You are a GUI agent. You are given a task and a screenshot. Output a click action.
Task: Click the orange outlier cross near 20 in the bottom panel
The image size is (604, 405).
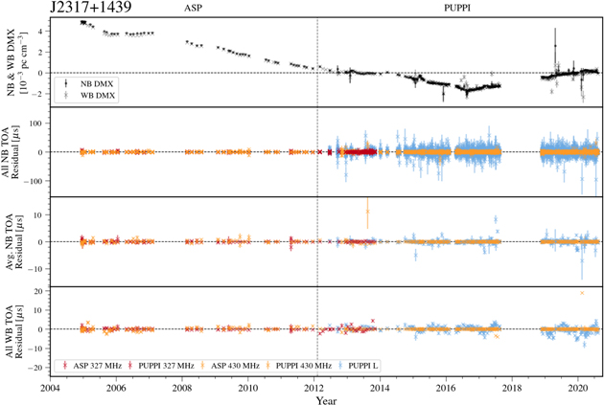click(582, 293)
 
